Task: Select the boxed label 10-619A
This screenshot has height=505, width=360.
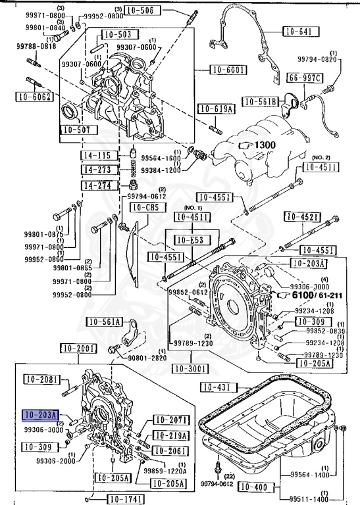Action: click(214, 109)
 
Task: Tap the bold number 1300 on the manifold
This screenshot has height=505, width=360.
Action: click(265, 144)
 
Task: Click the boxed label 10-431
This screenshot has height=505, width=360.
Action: click(215, 387)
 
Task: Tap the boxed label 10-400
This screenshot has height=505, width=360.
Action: click(253, 487)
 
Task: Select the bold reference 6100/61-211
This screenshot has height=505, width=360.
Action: click(313, 296)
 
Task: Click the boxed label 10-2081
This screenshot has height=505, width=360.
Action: click(41, 379)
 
